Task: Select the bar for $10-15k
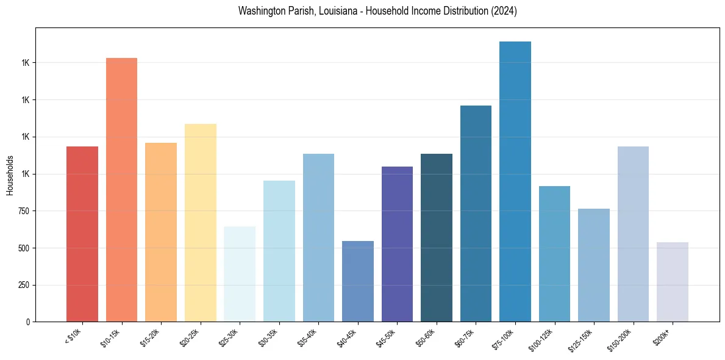click(x=121, y=190)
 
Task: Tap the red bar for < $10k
click(x=82, y=234)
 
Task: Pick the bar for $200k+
click(x=673, y=282)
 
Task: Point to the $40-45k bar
click(x=358, y=281)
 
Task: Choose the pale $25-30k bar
click(x=240, y=274)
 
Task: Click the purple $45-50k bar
click(x=397, y=244)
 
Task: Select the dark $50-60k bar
click(x=437, y=238)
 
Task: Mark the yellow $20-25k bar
click(x=201, y=223)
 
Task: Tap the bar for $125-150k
click(x=594, y=265)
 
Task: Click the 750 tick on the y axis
click(x=22, y=211)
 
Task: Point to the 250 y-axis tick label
click(x=22, y=286)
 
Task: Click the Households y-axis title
click(x=10, y=175)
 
